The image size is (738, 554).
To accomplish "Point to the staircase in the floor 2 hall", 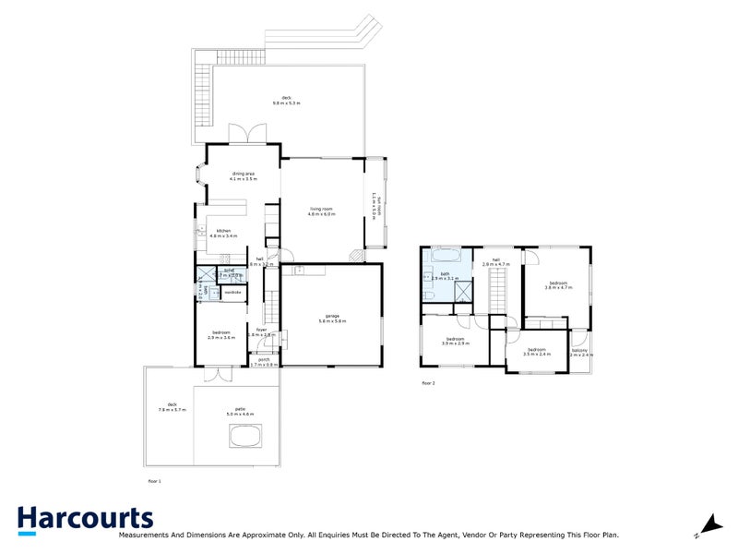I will (498, 286).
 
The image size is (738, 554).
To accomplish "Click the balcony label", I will (579, 351).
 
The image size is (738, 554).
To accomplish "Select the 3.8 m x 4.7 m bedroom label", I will (558, 284).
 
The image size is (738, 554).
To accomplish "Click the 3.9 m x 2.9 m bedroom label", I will (456, 341).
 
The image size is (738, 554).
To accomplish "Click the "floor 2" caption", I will (428, 382).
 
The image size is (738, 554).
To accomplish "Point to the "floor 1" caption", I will (154, 481).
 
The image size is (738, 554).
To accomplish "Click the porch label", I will (264, 362).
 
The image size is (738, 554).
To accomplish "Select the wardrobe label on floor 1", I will (232, 293).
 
